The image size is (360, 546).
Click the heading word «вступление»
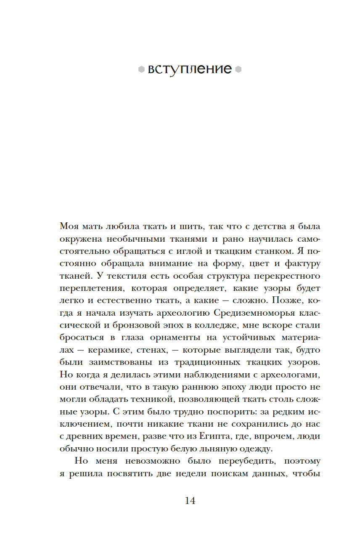[190, 69]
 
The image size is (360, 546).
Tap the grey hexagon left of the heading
[141, 69]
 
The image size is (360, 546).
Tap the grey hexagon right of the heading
[238, 69]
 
